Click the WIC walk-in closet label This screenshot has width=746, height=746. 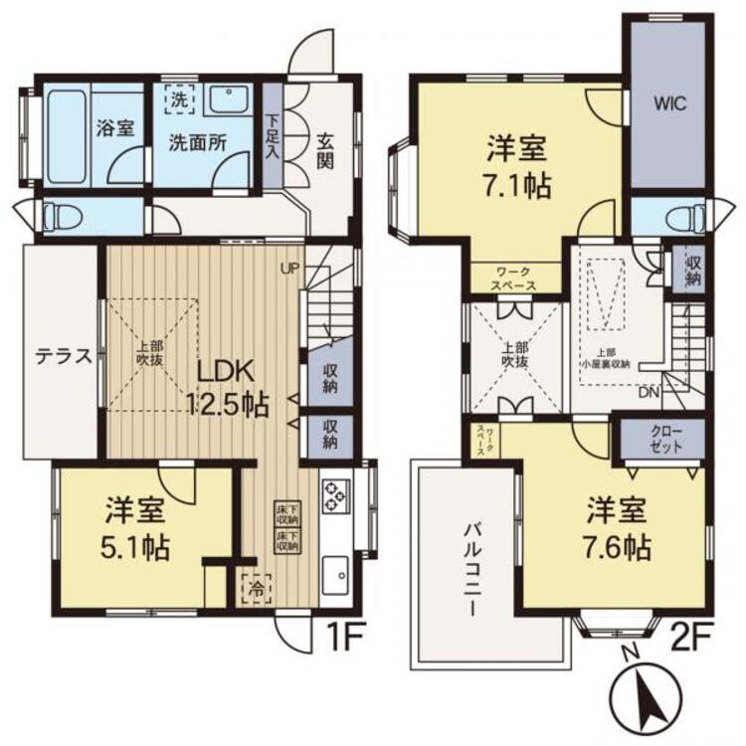pyautogui.click(x=666, y=103)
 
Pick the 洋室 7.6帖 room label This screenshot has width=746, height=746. pyautogui.click(x=617, y=529)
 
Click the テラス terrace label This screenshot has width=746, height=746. pyautogui.click(x=62, y=356)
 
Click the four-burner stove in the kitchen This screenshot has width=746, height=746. pyautogui.click(x=334, y=494)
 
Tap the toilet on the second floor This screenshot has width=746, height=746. pyautogui.click(x=681, y=215)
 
